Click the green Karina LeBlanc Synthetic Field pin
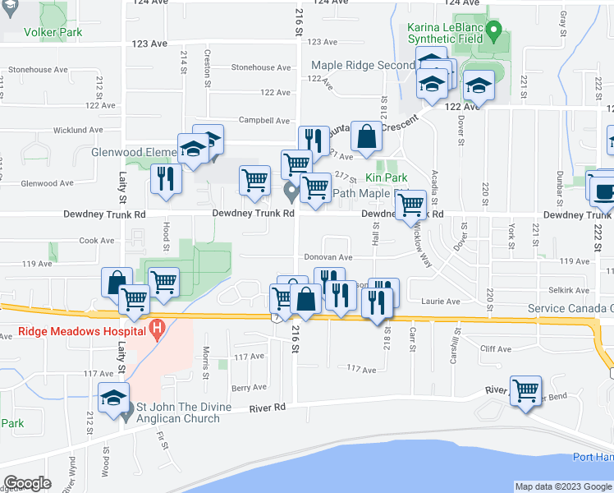pos(493,35)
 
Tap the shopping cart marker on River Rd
pos(525,390)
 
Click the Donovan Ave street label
pos(329,257)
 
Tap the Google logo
pos(27,483)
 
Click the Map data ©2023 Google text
pos(562,486)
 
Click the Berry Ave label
pos(249,387)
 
